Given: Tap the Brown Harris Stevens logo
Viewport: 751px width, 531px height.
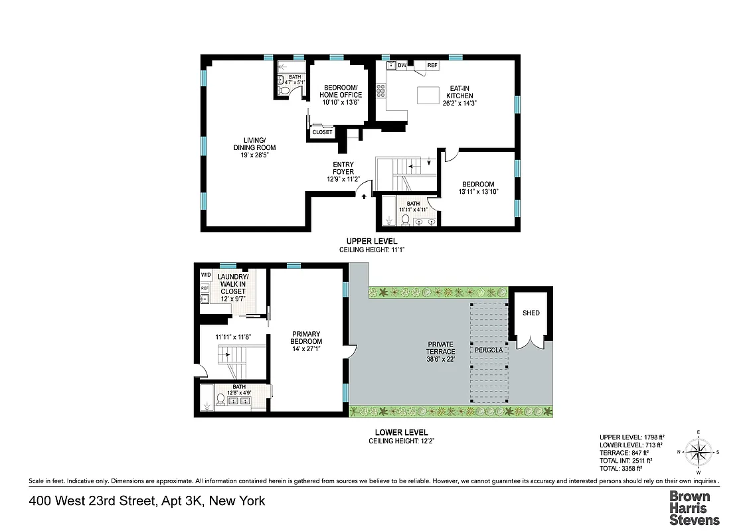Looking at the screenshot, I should [x=694, y=508].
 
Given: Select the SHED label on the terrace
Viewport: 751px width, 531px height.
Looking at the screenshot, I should [x=531, y=313].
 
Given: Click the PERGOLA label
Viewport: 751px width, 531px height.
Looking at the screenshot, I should [x=488, y=349].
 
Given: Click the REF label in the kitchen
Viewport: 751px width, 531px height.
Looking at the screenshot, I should [x=432, y=66].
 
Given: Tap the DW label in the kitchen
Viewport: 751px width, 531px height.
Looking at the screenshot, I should [x=402, y=65].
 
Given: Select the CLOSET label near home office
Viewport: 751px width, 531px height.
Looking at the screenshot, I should [x=322, y=132].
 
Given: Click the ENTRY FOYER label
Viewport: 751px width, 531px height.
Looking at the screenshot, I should [x=343, y=171].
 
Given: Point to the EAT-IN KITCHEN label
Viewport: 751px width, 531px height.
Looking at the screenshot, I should [x=459, y=96].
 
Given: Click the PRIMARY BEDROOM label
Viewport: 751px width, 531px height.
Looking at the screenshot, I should [x=306, y=342].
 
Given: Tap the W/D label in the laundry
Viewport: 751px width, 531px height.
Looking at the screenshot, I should [x=205, y=274].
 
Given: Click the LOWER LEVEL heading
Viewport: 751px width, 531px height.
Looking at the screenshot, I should [x=396, y=433].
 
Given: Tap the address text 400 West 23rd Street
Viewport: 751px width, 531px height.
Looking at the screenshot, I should [x=147, y=501].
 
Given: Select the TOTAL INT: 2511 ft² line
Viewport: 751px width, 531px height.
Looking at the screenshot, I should [x=626, y=460].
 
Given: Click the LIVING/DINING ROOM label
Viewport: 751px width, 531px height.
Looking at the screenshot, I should [x=254, y=143].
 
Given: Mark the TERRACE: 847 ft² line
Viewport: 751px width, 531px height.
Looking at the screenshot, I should [x=623, y=453].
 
